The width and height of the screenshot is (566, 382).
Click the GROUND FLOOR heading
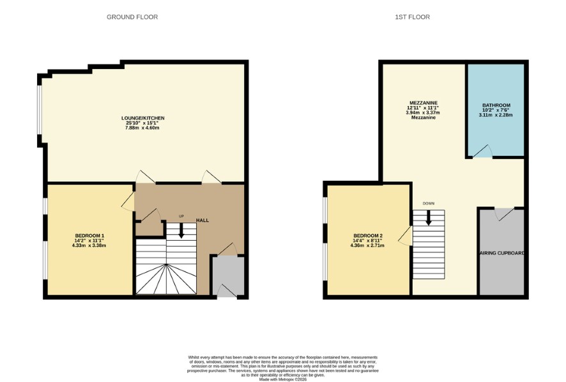point(132,17)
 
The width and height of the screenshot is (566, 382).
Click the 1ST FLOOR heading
point(412,17)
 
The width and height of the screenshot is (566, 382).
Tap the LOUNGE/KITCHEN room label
point(143,118)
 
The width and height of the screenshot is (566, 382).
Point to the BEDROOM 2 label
point(368,236)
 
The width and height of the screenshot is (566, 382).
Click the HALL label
point(203,220)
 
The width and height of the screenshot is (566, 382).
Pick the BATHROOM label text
point(496,105)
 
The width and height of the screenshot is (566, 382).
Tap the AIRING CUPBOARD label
point(501,253)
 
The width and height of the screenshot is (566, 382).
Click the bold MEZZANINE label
point(424,103)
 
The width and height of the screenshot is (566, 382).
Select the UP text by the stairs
point(181,217)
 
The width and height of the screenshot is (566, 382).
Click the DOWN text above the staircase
point(429,204)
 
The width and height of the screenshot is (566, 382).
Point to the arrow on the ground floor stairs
point(181,231)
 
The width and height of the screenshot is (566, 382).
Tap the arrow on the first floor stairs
point(429,218)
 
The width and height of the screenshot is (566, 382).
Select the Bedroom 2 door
point(406,236)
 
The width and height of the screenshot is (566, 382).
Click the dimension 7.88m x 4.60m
point(143,128)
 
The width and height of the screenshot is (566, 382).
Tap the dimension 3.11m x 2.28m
point(496,115)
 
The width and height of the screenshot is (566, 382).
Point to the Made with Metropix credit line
point(283,379)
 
